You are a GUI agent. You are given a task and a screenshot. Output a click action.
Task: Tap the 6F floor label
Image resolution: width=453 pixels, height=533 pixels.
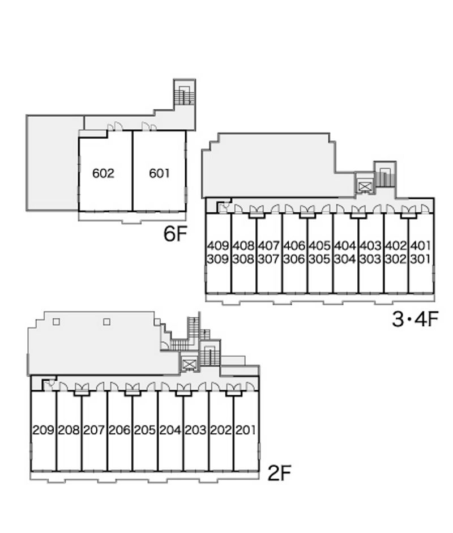[x=175, y=233]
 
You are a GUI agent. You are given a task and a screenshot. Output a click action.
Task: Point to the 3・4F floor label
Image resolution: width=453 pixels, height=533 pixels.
[x=415, y=319]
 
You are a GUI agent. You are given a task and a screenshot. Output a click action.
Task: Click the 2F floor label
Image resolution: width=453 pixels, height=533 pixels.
[x=279, y=473]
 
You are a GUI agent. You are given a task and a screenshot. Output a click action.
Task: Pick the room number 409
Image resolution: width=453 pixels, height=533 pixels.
[x=218, y=245]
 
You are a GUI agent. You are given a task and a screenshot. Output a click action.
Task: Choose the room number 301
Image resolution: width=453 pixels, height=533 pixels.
[x=421, y=259]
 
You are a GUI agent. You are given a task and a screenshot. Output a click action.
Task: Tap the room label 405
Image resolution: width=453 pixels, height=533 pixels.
[x=319, y=245]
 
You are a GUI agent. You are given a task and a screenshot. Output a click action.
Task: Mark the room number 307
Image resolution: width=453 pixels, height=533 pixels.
[x=268, y=259]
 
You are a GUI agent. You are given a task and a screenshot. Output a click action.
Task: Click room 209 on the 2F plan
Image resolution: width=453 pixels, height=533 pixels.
[x=44, y=430]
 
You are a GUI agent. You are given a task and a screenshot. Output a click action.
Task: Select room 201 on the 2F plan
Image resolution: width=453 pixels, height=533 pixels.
[x=245, y=430]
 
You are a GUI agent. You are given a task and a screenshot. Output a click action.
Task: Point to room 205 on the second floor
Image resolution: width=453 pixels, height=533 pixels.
[x=145, y=430]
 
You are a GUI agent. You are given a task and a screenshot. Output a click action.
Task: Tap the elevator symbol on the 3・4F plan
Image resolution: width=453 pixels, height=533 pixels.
[x=364, y=186]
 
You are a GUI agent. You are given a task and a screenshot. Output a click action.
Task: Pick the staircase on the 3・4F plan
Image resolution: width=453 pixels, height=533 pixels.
[x=385, y=176]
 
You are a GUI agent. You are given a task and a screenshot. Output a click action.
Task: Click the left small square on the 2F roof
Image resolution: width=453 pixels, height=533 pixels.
[x=57, y=322]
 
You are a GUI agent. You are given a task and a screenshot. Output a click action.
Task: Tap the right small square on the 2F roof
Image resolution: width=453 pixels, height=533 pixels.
[x=106, y=322]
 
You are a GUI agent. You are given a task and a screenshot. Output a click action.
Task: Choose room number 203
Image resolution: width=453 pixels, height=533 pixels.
[x=195, y=430]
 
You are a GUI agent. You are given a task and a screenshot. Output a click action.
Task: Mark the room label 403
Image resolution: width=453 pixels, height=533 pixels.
[x=370, y=245]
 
